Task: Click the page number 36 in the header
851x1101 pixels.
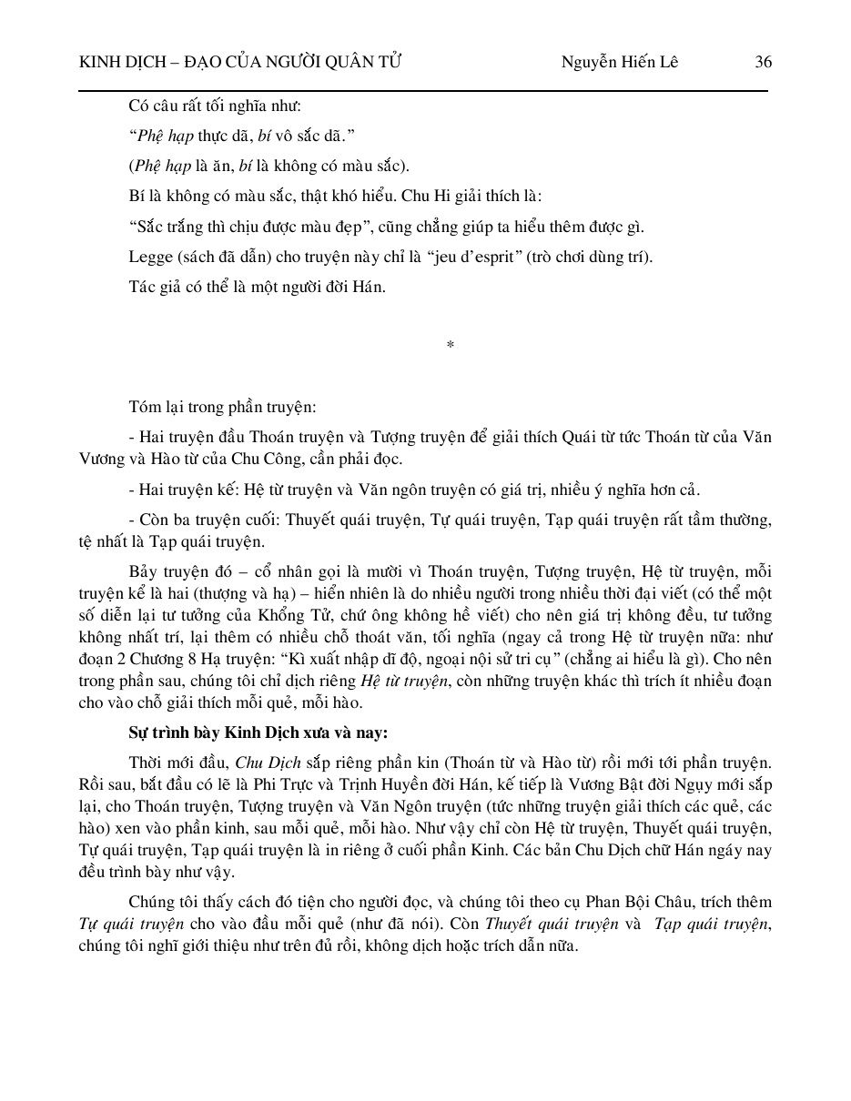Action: coord(763,62)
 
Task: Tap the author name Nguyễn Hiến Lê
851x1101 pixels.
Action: coord(619,62)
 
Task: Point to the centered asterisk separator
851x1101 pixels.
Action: coord(451,345)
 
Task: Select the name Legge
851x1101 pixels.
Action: coord(149,257)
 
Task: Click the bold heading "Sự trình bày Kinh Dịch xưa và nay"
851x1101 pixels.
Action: coord(258,732)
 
